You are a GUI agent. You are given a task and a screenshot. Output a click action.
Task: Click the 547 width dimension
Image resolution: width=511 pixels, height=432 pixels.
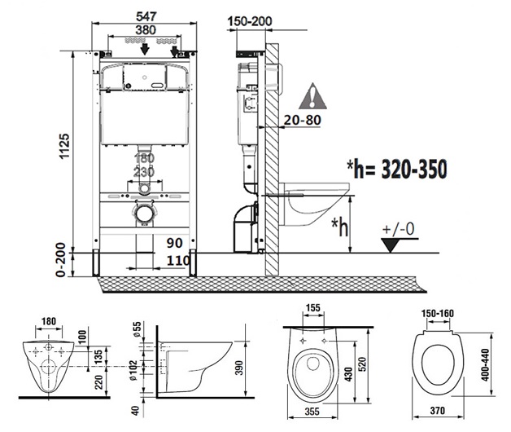coord(146,16)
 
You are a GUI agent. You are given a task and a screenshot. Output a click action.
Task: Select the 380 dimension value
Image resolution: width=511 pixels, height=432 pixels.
coord(146,30)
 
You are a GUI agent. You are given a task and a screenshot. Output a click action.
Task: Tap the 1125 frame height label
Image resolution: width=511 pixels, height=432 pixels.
coord(64,146)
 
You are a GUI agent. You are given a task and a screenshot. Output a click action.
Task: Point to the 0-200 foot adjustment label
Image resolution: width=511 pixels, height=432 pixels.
coord(60,260)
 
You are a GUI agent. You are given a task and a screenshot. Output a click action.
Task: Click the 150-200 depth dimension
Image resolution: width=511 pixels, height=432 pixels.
coord(250,21)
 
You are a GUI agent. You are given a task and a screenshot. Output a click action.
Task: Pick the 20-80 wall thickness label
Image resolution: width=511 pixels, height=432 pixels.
coord(303,120)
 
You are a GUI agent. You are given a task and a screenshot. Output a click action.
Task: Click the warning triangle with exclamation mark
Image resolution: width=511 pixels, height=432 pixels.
coord(312,96)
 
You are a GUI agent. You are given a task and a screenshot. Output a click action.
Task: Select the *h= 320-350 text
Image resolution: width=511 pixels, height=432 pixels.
coord(396,169)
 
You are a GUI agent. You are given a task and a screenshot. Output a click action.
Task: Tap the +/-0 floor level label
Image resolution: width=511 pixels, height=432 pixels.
coord(398,229)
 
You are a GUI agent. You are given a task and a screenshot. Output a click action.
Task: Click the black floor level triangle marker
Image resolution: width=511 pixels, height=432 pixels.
coord(391,245)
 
